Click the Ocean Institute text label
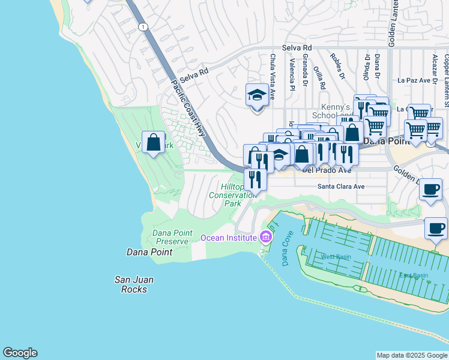(x=228, y=238)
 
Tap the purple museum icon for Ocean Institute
(x=265, y=238)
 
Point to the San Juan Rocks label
(x=130, y=284)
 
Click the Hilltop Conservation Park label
(x=232, y=195)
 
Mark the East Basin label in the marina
(x=414, y=275)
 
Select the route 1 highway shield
(x=142, y=26)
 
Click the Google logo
(x=20, y=353)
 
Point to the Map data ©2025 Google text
(x=411, y=355)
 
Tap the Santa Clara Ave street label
(x=341, y=187)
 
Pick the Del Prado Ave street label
(x=326, y=170)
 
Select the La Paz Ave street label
(x=414, y=80)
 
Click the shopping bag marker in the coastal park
(x=154, y=143)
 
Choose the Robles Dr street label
(x=337, y=67)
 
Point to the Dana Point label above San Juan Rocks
(x=149, y=252)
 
